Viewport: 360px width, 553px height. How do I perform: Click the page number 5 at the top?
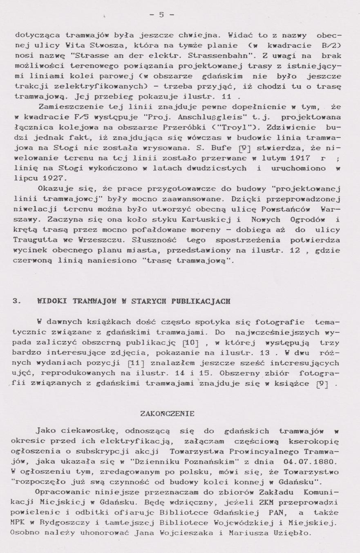(x=161, y=15)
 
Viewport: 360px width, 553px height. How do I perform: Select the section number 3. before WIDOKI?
(x=17, y=301)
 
